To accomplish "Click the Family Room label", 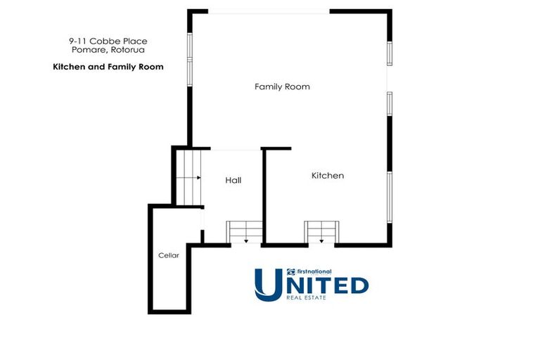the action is pos(282,86).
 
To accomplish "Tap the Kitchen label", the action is pos(328,176).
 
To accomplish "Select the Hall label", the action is pos(233,180).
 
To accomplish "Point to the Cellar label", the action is pos(169,255).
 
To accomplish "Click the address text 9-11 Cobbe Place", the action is pos(108,41).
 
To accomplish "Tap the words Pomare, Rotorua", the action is pos(108,50).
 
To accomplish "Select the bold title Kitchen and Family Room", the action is pos(108,67).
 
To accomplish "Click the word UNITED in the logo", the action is pos(311,285).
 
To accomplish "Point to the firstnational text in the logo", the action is pos(314,271).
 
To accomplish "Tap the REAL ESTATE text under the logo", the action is pos(306,297).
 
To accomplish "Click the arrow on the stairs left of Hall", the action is pos(188,178).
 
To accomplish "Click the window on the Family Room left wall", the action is pos(189,59).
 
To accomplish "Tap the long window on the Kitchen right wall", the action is pos(390,197).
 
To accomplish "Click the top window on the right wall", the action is pos(390,53).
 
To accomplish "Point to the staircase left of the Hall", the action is pos(188,177).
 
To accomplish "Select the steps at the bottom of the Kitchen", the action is pos(321,232).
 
